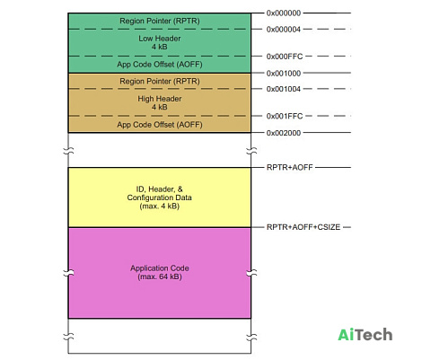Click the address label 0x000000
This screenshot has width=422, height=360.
(284, 13)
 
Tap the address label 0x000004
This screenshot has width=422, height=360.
(284, 30)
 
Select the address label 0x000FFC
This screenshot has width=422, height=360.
(285, 57)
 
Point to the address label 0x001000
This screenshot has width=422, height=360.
(284, 73)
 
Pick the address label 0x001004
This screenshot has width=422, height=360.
(284, 89)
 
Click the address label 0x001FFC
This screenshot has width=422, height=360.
(285, 116)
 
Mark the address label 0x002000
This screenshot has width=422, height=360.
(284, 133)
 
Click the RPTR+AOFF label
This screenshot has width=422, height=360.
(290, 167)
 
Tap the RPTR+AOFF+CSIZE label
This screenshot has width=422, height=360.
(303, 227)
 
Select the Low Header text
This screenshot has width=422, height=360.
(160, 39)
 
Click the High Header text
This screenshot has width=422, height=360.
(160, 99)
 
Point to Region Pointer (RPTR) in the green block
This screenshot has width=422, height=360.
(160, 21)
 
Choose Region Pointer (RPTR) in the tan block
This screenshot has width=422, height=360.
(160, 81)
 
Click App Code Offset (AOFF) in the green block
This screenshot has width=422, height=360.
(160, 65)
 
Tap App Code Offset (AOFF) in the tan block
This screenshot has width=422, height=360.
(160, 125)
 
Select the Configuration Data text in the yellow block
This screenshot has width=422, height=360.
(160, 198)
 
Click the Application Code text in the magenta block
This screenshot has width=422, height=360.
(160, 268)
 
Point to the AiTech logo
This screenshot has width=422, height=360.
(365, 335)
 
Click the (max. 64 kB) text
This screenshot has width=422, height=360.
(160, 277)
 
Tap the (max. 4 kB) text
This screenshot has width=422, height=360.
(160, 206)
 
